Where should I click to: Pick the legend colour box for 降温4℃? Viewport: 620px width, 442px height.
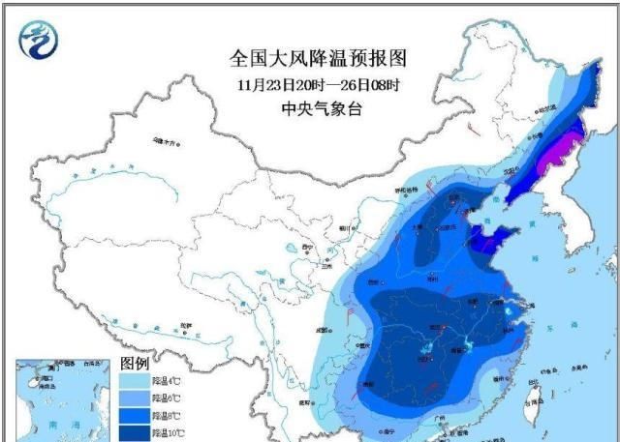[135, 382]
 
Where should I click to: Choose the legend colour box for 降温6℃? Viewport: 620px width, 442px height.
[135, 398]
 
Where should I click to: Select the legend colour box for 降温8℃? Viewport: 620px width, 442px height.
[135, 416]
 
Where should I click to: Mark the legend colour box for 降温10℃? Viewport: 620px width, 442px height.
[135, 432]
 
